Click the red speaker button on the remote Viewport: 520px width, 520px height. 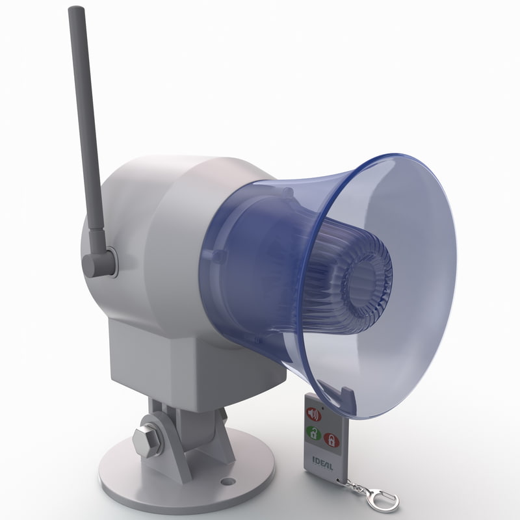[314, 414]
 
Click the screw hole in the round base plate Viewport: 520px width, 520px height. [227, 482]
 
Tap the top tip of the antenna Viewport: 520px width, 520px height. [77, 11]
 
